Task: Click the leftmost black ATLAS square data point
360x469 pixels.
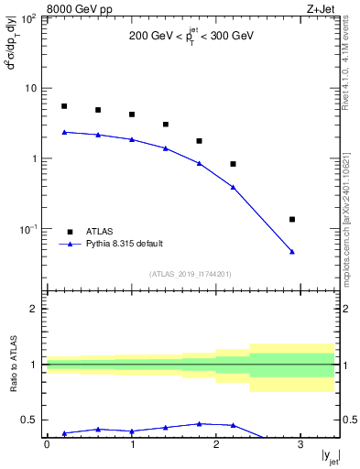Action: pos(64,106)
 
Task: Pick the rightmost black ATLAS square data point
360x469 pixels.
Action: pos(292,220)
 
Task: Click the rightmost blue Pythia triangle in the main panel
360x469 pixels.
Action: pos(292,251)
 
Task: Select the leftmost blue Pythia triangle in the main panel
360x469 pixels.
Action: pos(64,132)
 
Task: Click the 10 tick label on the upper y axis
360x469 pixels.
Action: pos(31,89)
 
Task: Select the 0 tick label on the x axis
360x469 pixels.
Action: pos(47,444)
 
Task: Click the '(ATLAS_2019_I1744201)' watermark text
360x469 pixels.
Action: pos(191,273)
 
